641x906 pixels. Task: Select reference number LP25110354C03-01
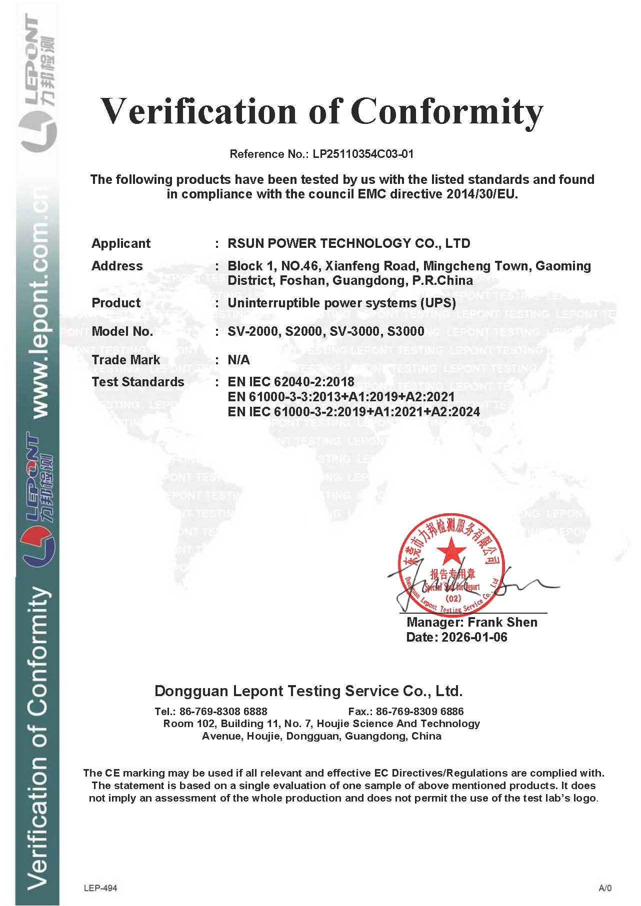tap(363, 154)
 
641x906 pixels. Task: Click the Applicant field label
tap(120, 243)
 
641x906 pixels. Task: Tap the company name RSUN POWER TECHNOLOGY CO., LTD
tap(348, 243)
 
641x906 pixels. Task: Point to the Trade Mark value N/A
tap(238, 360)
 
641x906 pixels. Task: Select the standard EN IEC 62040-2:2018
tap(290, 382)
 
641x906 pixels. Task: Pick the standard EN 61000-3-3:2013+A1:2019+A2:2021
tap(341, 397)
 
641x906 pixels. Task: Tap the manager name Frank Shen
tap(502, 622)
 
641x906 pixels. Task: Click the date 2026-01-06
tap(474, 637)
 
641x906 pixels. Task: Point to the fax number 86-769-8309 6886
tap(419, 711)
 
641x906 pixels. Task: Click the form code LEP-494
tap(100, 888)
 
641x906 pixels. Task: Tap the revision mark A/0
tap(604, 888)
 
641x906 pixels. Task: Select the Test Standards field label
tap(137, 382)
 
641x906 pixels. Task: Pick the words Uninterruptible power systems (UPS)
tap(341, 303)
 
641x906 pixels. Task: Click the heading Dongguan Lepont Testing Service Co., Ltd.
tap(308, 691)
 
